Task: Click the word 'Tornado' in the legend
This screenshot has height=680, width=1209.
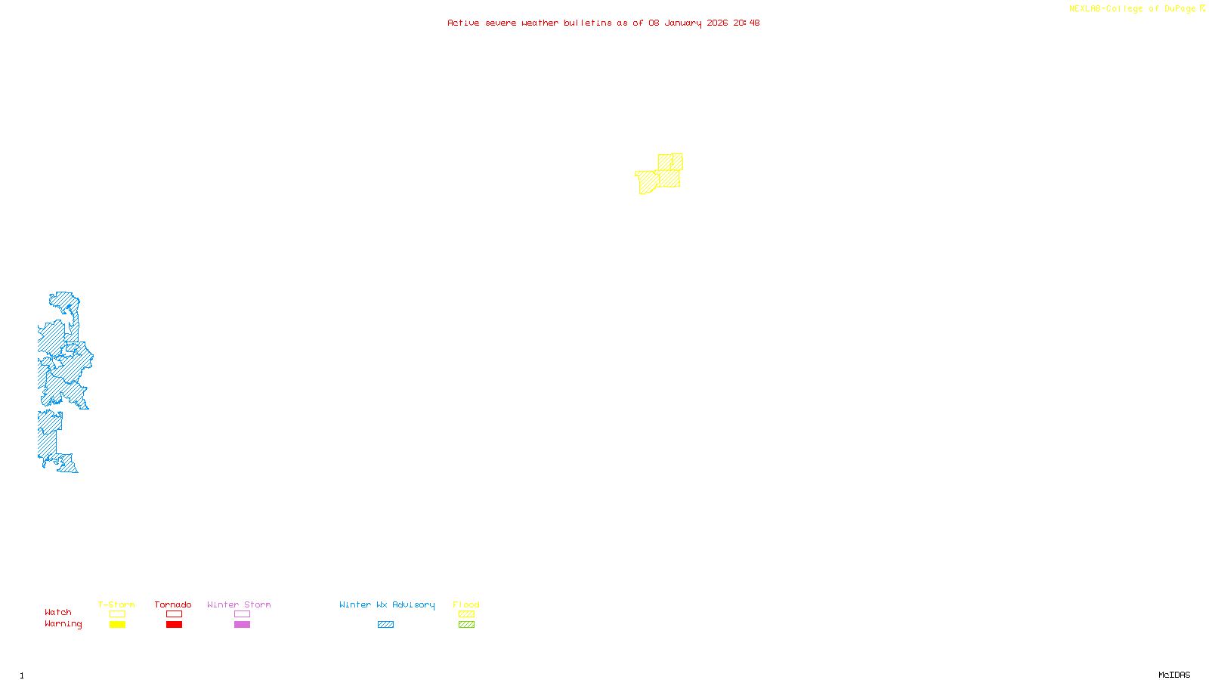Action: (173, 604)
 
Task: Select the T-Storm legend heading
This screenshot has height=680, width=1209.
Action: (116, 604)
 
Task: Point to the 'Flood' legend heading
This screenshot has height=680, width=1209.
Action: (466, 604)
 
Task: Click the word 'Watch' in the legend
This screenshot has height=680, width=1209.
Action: (58, 612)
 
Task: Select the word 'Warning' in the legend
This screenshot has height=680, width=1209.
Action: (63, 624)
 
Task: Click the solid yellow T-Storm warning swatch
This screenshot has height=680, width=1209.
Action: (117, 625)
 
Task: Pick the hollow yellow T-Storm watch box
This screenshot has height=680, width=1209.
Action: (117, 614)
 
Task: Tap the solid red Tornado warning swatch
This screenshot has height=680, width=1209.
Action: (174, 625)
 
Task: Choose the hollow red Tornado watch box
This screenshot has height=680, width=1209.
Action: (174, 614)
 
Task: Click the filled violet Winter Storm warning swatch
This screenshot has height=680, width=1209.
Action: (242, 625)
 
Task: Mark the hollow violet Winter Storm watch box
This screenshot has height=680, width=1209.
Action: (242, 614)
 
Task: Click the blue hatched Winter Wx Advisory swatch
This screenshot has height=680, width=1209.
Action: (385, 625)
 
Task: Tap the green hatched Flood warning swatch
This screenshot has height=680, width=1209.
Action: (466, 625)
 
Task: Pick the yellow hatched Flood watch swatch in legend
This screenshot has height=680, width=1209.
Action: (466, 614)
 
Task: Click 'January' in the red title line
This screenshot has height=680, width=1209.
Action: (683, 23)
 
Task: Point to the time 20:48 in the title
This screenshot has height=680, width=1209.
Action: (747, 23)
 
